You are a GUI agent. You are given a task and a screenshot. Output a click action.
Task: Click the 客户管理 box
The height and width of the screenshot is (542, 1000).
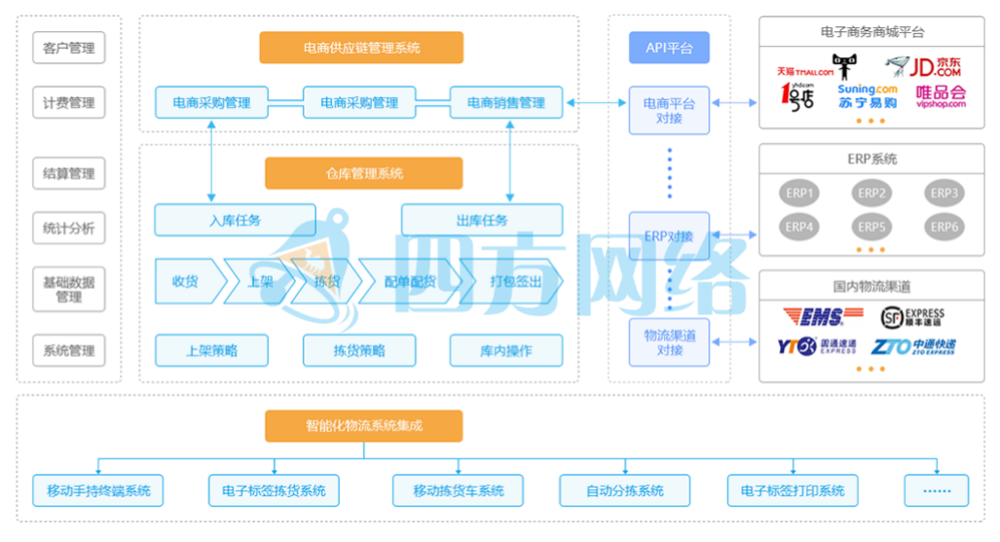[69, 48]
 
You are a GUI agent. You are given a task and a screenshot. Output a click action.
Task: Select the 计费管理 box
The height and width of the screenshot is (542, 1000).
[69, 103]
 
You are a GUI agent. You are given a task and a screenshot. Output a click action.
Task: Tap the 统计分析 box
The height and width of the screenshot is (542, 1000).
[69, 230]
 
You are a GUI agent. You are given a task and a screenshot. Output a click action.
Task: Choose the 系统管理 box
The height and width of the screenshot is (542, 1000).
[69, 350]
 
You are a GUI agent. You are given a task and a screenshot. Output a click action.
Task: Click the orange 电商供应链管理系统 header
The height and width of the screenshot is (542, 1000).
[361, 48]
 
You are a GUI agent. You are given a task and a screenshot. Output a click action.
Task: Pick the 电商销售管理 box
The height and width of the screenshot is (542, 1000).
[506, 103]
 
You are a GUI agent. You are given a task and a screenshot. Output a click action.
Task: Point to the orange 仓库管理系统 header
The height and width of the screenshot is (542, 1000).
[364, 173]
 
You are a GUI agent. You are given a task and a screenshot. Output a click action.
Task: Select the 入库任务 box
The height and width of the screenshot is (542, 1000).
[235, 220]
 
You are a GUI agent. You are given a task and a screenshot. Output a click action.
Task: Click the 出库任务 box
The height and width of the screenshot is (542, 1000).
[482, 220]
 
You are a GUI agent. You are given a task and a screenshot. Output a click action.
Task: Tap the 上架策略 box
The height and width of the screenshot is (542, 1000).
[211, 350]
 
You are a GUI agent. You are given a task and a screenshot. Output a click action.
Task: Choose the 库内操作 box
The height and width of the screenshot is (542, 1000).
[506, 350]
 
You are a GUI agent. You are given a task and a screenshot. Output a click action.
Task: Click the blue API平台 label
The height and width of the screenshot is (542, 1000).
[669, 48]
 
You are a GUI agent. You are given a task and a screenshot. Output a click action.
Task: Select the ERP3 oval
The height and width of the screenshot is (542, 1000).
[944, 193]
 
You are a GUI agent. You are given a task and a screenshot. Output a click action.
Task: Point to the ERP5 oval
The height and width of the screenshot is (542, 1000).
[871, 227]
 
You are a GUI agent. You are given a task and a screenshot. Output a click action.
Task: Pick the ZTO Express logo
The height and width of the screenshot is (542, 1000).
[912, 346]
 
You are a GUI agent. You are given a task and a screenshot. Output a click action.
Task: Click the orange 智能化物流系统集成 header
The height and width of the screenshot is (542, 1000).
[364, 426]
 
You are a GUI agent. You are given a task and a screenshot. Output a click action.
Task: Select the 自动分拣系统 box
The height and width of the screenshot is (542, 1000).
[625, 490]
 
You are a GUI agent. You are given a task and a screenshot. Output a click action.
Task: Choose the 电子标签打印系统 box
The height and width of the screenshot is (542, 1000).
[793, 490]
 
